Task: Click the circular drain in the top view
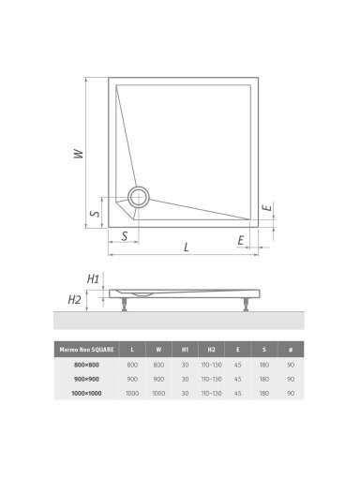(x=138, y=197)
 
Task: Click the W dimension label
(x=79, y=154)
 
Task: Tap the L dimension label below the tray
(x=187, y=247)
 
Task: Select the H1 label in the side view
(x=93, y=278)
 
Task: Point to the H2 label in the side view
(x=74, y=300)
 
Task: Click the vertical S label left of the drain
(x=95, y=213)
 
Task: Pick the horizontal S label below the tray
(x=125, y=236)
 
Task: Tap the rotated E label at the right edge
(x=268, y=207)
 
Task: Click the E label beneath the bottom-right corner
(x=240, y=240)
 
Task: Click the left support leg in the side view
(x=126, y=305)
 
